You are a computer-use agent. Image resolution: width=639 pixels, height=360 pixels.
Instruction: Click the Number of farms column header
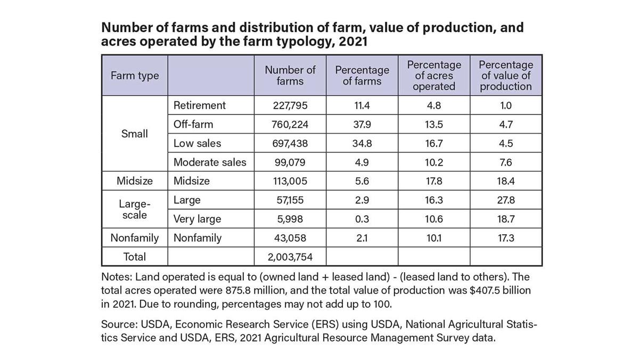pos(290,76)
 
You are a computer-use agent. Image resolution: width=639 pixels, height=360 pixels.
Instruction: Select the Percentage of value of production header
pos(506,76)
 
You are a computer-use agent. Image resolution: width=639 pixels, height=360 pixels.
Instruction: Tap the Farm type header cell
pos(135,76)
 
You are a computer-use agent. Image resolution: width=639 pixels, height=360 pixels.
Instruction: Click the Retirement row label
pos(200,105)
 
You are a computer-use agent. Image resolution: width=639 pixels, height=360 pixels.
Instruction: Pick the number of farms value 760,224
pos(290,125)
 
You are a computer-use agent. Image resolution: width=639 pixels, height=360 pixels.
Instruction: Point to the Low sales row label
pos(197,143)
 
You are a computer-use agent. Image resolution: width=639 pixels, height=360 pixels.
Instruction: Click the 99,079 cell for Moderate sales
pos(290,162)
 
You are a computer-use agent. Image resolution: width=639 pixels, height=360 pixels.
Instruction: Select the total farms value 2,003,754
pos(290,257)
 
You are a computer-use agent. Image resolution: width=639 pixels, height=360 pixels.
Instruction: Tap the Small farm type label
pos(135,134)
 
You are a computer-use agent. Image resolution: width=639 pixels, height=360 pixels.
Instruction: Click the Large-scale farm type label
pos(135,209)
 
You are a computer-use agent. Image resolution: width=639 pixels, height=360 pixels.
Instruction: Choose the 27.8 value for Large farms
pos(506,200)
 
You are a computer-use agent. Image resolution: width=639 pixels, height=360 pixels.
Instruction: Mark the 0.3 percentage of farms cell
pos(362,219)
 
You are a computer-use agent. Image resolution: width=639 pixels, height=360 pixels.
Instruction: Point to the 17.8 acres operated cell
pos(434,181)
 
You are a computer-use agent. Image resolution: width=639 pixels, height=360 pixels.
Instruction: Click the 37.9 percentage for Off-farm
pos(362,125)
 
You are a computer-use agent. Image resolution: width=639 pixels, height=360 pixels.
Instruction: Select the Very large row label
pos(197,219)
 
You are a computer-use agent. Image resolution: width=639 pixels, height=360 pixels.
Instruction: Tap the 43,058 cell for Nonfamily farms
pos(290,238)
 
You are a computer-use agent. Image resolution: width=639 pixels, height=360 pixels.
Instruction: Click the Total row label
pos(135,257)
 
